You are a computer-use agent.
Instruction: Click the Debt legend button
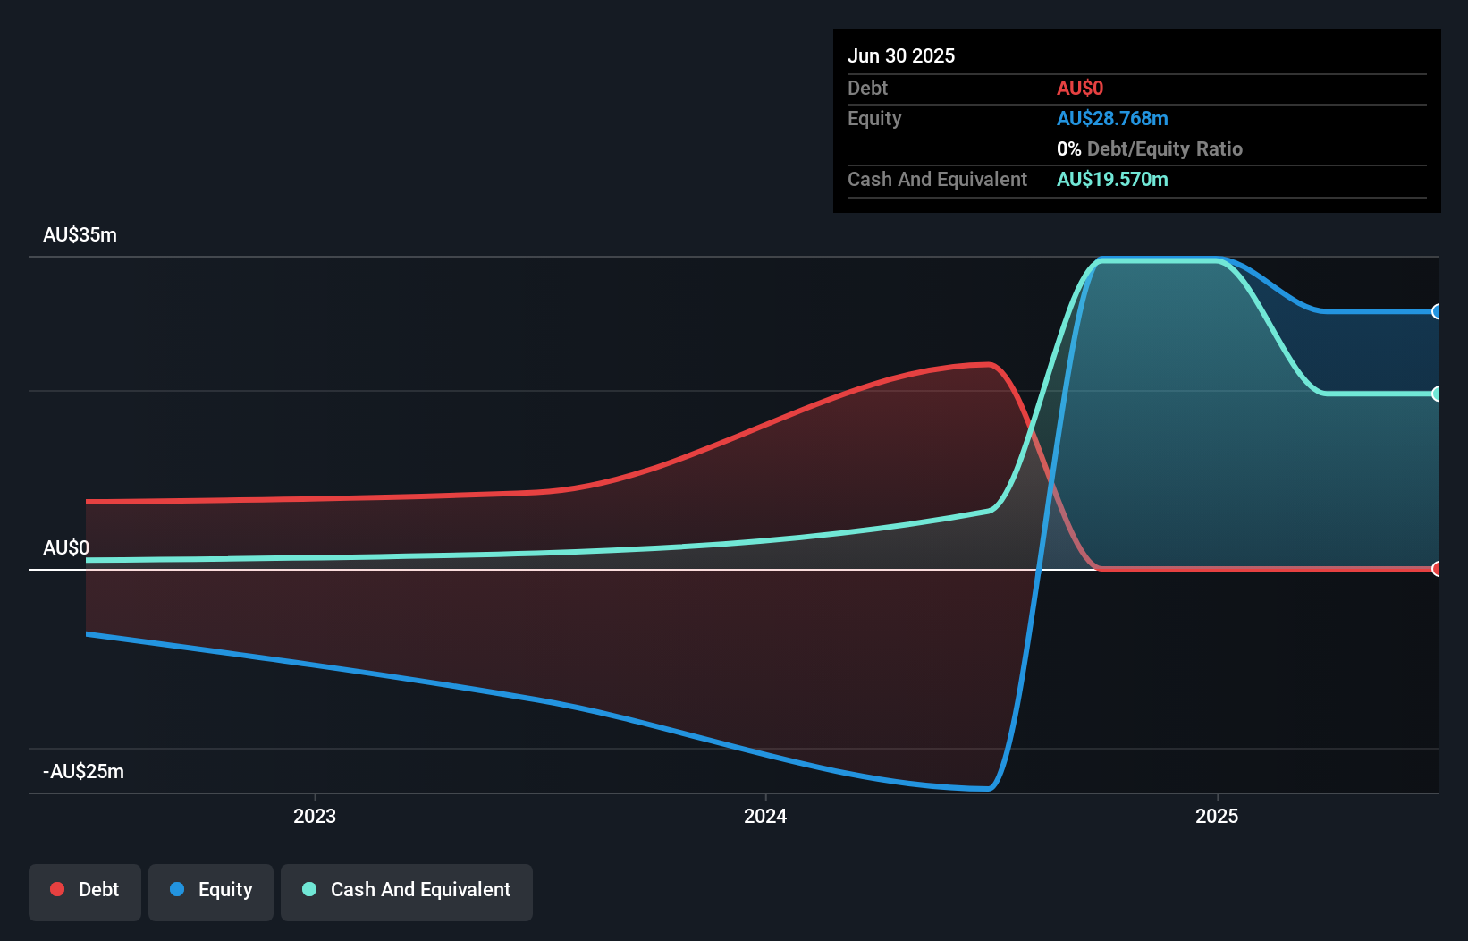pos(85,891)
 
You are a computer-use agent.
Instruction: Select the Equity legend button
pos(211,891)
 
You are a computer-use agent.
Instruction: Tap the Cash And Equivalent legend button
pos(407,891)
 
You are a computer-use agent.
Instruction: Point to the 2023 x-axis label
pos(315,816)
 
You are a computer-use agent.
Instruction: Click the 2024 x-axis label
pos(765,816)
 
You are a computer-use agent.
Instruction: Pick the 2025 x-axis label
pos(1217,816)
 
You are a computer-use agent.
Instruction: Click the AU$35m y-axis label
pos(80,235)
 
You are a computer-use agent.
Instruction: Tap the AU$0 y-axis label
pos(66,547)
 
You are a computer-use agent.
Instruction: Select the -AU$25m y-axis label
pos(83,771)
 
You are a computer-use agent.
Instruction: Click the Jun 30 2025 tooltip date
pos(901,55)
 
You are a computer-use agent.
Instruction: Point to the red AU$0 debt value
pos(1080,88)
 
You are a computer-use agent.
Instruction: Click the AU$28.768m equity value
pos(1112,118)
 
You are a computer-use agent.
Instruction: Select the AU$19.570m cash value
pos(1112,179)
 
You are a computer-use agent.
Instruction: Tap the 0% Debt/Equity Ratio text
pos(1150,148)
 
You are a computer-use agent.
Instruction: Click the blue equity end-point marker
pos(1437,311)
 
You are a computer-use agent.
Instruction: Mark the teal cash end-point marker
pos(1437,394)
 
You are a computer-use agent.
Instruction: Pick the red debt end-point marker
pos(1437,569)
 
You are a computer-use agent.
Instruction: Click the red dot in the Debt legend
pos(57,889)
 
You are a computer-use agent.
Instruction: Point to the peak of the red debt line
pos(987,364)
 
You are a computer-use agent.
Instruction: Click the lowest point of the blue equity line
pos(987,789)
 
